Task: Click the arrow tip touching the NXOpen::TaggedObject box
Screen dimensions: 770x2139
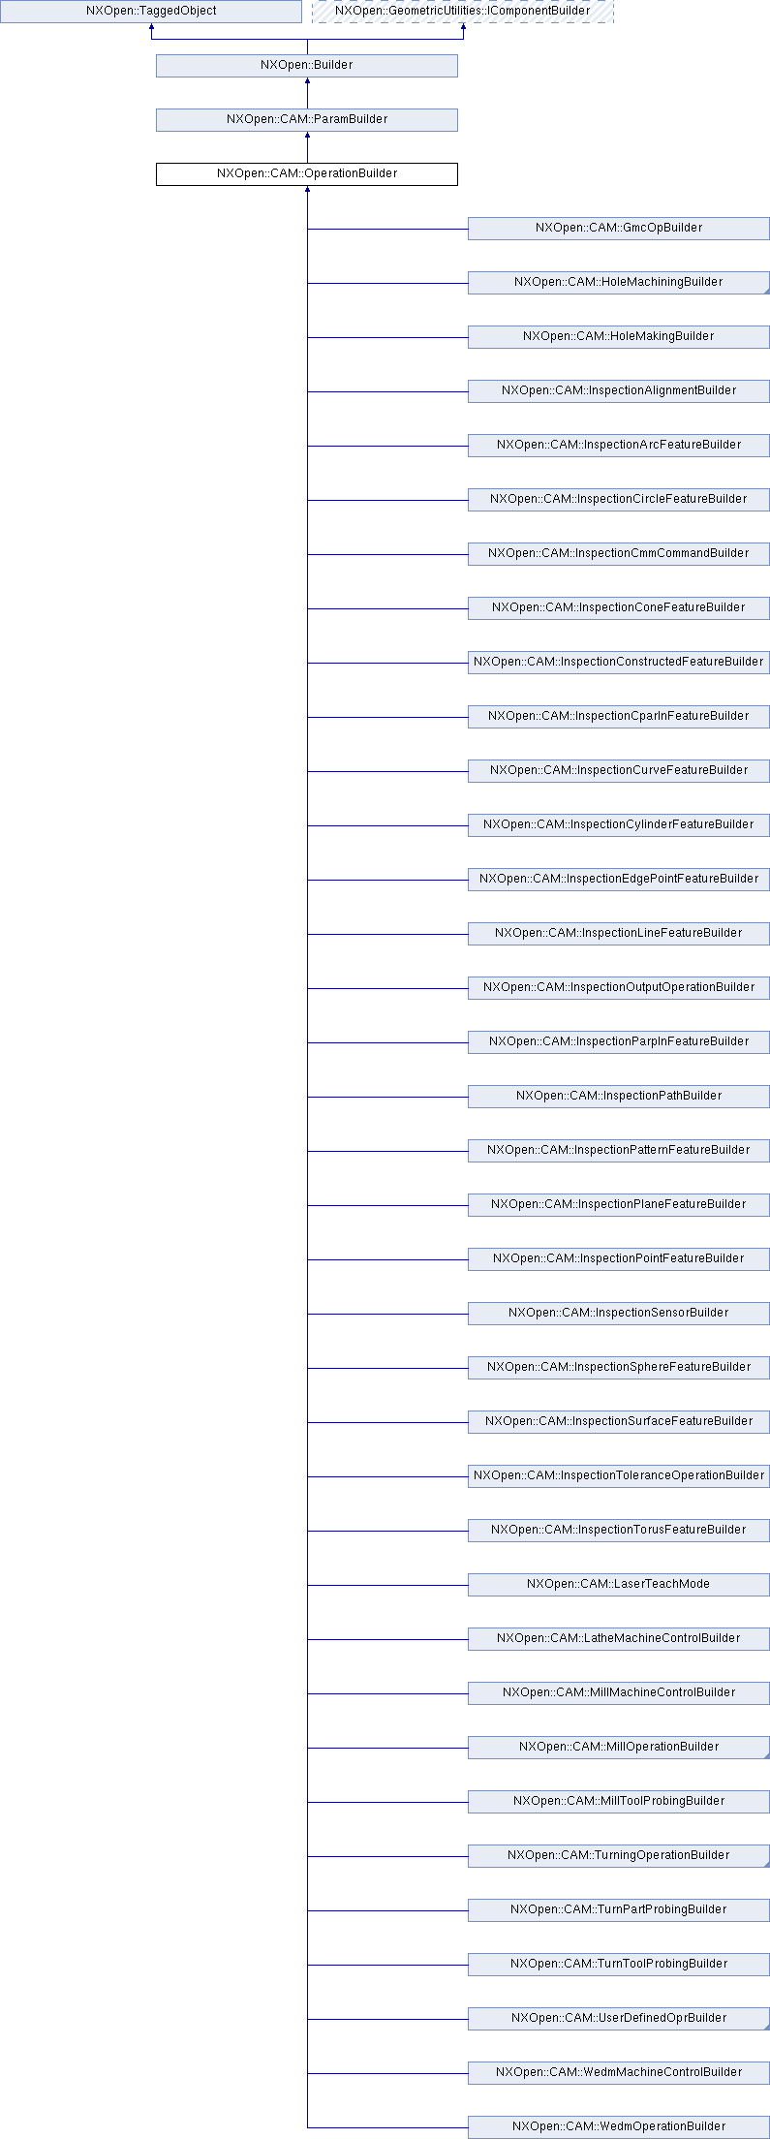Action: [151, 23]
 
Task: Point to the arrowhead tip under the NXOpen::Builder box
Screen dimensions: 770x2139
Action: [307, 77]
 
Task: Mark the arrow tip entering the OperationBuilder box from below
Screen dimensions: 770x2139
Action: [307, 186]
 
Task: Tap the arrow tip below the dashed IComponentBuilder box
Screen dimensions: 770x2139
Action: [463, 23]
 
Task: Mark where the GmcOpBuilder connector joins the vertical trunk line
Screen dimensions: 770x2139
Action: [307, 229]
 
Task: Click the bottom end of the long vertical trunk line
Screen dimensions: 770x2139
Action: [307, 2127]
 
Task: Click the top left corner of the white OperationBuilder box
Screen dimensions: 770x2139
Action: [156, 163]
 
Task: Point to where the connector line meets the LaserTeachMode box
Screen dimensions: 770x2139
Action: [468, 1585]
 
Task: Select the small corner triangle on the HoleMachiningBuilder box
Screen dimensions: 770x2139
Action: [765, 290]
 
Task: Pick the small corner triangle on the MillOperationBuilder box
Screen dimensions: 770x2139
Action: [765, 1754]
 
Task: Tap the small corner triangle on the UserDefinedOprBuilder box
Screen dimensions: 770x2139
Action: [765, 2026]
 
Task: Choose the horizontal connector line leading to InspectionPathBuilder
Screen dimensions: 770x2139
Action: [387, 1097]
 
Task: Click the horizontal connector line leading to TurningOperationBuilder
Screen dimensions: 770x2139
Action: [387, 1856]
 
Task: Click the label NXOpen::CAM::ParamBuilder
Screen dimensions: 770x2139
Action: [307, 119]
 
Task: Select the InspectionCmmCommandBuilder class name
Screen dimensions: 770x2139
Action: [618, 553]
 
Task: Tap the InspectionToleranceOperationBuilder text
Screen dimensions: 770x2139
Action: [619, 1475]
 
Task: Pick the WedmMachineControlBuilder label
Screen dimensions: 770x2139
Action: [619, 2072]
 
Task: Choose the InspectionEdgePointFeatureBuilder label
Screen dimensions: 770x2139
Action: [619, 879]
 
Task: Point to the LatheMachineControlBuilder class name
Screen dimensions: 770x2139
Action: [619, 1638]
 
